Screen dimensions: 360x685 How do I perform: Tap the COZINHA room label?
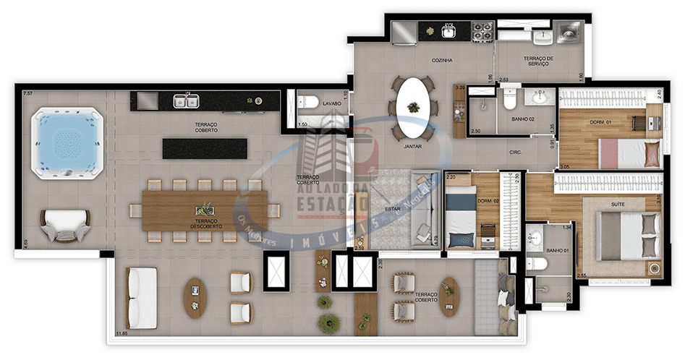[442, 61]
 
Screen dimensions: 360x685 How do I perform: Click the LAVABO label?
[332, 103]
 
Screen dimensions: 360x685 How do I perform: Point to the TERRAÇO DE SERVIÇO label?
[539, 61]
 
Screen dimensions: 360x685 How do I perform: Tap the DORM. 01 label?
[602, 122]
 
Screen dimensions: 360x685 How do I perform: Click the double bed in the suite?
[629, 236]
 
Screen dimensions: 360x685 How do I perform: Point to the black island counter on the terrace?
[205, 148]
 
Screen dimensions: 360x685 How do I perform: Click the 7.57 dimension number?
[28, 94]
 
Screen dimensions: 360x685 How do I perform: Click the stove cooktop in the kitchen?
[482, 30]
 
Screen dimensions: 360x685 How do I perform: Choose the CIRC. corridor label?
[516, 153]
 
